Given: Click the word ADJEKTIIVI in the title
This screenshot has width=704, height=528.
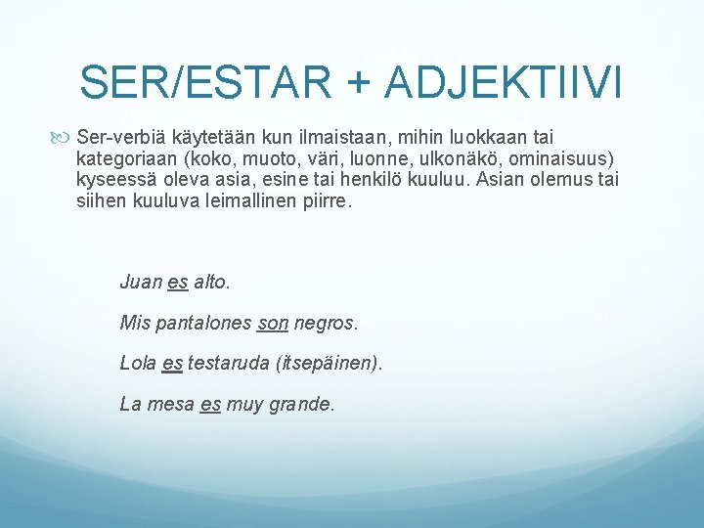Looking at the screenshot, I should click(x=505, y=82).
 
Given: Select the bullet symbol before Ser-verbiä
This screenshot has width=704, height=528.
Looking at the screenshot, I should click(x=66, y=138).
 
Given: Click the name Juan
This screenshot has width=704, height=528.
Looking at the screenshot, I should click(x=140, y=283).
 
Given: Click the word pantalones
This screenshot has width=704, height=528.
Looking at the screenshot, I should click(x=201, y=322).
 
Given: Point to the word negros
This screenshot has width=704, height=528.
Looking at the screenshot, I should click(x=326, y=322).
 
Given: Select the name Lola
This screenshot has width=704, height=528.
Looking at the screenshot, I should click(x=138, y=363).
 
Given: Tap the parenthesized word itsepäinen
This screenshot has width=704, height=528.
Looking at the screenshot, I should click(x=330, y=363).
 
